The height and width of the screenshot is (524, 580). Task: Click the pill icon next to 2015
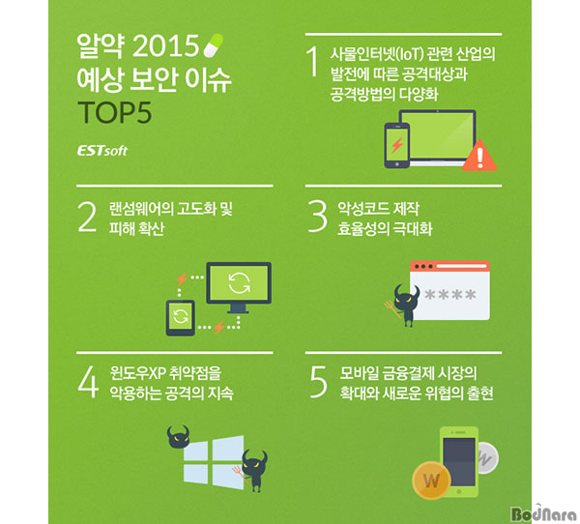click(x=214, y=45)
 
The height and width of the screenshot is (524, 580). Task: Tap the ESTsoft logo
click(x=102, y=151)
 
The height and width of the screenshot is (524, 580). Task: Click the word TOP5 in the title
click(x=115, y=112)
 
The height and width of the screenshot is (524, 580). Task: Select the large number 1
click(x=313, y=61)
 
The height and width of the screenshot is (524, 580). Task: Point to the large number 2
click(x=87, y=217)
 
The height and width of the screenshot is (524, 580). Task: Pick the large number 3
click(x=318, y=217)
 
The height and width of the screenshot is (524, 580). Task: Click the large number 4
click(x=88, y=382)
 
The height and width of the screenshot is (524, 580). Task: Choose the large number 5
click(x=318, y=382)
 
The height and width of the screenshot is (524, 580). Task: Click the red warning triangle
click(x=479, y=157)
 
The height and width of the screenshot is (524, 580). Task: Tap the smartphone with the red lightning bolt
click(x=397, y=145)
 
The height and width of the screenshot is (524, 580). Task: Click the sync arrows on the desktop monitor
click(x=239, y=283)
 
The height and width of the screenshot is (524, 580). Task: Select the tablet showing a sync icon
click(x=180, y=318)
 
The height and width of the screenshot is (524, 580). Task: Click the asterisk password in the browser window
click(x=450, y=295)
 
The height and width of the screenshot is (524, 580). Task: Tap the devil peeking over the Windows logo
click(x=178, y=437)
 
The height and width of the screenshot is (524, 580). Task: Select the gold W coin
click(x=432, y=480)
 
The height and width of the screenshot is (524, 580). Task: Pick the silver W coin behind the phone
click(x=487, y=457)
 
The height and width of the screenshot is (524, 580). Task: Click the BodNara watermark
click(x=543, y=513)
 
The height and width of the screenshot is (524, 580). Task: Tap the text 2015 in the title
click(x=165, y=45)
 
